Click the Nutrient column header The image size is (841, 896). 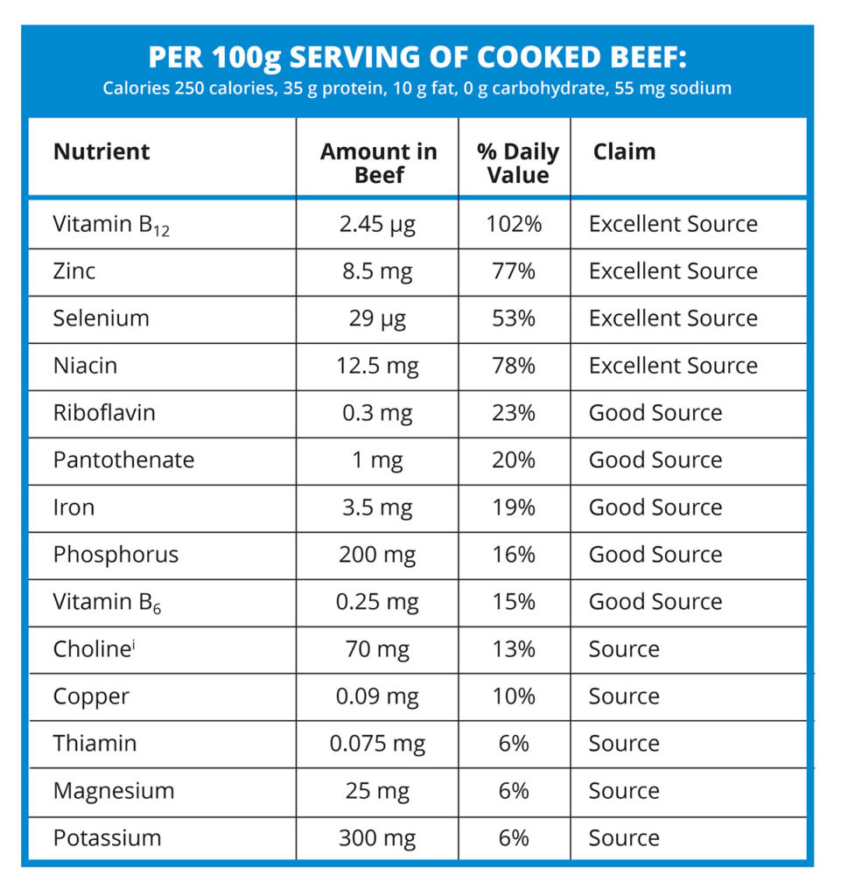pos(102,151)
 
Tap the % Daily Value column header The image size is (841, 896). pos(517,163)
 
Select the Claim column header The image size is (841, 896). pos(624,151)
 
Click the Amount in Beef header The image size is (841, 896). pos(378,163)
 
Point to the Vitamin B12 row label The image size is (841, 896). pos(110,225)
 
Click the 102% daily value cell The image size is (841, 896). pos(514,224)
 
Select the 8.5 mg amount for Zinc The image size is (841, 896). pos(377,271)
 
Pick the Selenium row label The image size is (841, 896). pos(101,318)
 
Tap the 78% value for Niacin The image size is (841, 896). pos(514,366)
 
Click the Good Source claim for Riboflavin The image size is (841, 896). pos(655,413)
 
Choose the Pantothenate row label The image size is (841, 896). pos(123,460)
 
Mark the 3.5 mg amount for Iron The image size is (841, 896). pos(377,507)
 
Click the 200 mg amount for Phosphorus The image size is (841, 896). pos(377,555)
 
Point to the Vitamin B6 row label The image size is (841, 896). pos(107,603)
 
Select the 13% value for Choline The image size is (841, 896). pos(514,649)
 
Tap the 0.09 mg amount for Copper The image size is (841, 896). pos(377,696)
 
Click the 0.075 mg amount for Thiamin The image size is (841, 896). pos(377,744)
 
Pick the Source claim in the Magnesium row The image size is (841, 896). pos(624,791)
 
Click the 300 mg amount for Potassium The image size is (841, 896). pos(377,838)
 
